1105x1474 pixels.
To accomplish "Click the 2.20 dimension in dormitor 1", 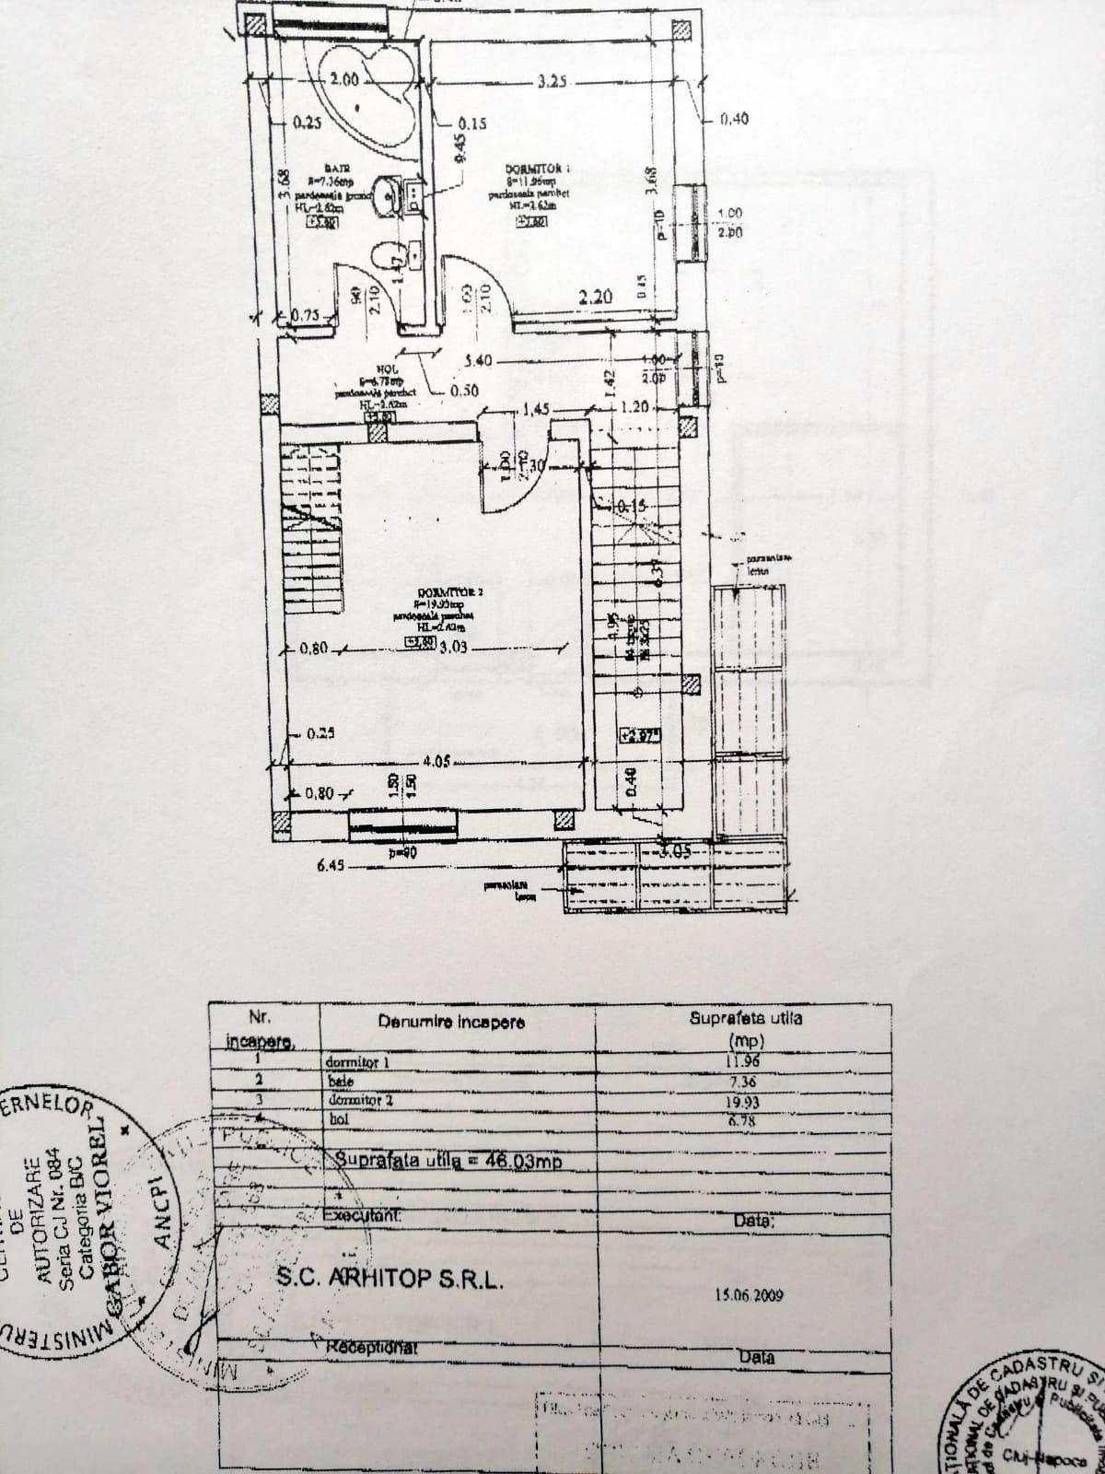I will click(x=595, y=297).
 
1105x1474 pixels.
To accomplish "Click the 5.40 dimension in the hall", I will click(x=481, y=360).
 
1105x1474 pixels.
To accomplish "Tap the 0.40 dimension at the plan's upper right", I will click(x=734, y=118).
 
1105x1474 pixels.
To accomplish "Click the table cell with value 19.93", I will click(x=742, y=1101).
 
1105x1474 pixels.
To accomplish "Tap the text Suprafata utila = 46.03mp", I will click(x=448, y=1161).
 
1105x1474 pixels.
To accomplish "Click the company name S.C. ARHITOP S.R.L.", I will click(x=390, y=1279).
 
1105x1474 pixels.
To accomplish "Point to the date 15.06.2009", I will click(x=748, y=1294).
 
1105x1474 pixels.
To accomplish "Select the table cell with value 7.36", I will click(x=742, y=1082).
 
